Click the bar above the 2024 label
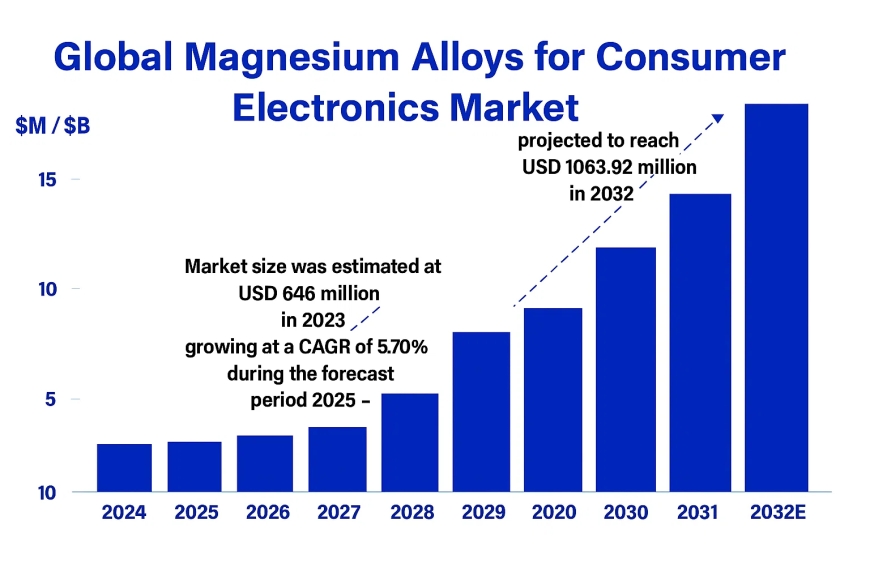[124, 467]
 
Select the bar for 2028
[410, 442]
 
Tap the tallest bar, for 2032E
[777, 297]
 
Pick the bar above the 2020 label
[553, 399]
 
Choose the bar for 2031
[700, 342]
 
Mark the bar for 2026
[265, 463]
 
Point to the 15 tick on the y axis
[45, 180]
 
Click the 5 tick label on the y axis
[47, 399]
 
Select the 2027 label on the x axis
[337, 513]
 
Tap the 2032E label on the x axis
[777, 513]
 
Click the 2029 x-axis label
[482, 513]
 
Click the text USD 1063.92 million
[608, 167]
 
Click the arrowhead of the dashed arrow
[718, 117]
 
